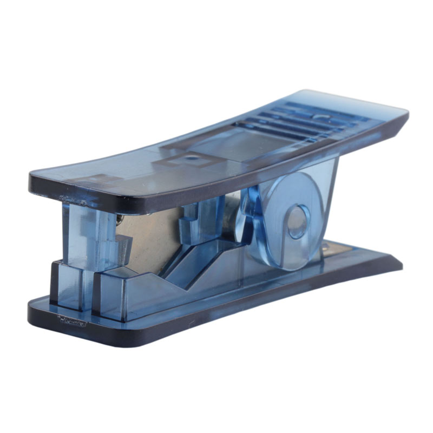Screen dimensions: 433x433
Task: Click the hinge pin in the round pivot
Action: coord(297,220)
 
